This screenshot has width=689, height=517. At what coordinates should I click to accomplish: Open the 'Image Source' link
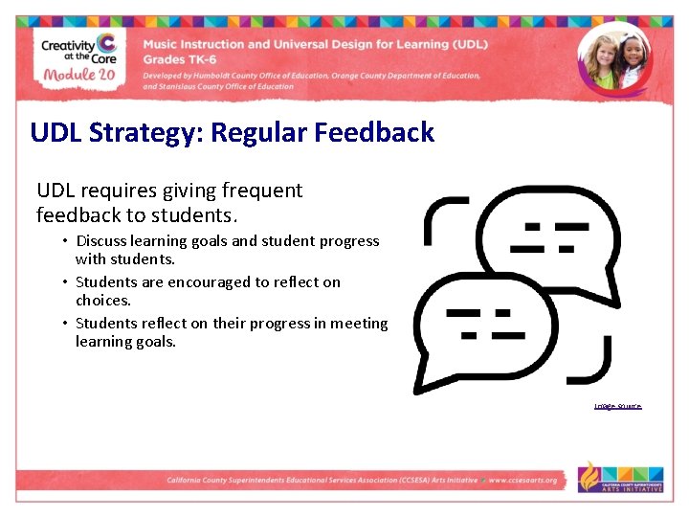coord(617,406)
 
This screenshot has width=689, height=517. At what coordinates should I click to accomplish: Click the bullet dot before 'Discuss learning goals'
coord(65,241)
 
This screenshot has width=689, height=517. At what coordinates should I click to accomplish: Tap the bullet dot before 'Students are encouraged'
coord(65,282)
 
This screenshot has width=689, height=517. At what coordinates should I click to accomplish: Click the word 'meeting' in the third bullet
coord(359,324)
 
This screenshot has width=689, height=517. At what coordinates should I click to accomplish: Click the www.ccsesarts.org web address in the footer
coord(523,480)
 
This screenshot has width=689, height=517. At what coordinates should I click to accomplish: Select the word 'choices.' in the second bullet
coord(102,300)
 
